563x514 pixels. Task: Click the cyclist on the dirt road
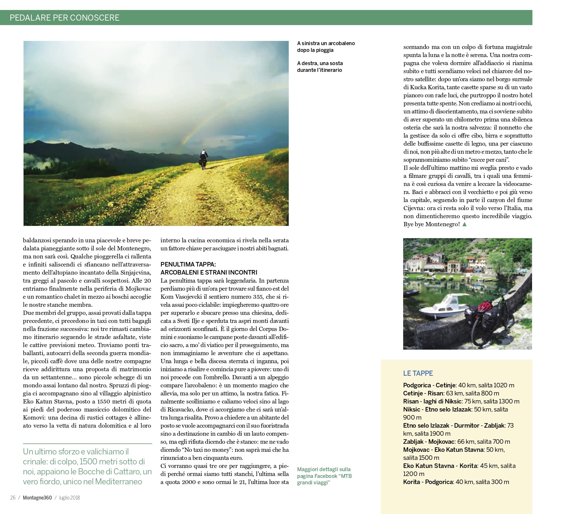point(204,159)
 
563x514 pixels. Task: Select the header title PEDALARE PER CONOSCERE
point(64,17)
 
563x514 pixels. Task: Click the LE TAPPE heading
point(418,373)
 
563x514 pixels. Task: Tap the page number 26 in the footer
point(13,498)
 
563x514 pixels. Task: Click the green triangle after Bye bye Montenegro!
point(464,224)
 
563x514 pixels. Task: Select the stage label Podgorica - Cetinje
point(429,385)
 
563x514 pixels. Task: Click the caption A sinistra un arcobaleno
point(326,43)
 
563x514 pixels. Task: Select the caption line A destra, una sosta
point(320,63)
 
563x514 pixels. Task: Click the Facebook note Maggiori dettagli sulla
point(324,469)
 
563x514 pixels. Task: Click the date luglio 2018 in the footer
point(69,498)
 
